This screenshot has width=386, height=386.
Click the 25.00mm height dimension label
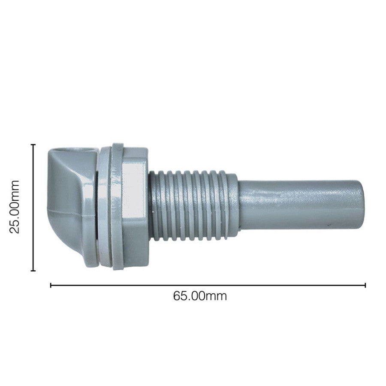click(14, 207)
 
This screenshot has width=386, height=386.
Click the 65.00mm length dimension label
click(199, 296)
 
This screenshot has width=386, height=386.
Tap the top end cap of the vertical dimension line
click(33, 145)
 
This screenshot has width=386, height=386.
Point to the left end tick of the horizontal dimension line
click(51, 285)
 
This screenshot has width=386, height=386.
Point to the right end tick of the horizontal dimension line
click(365, 285)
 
